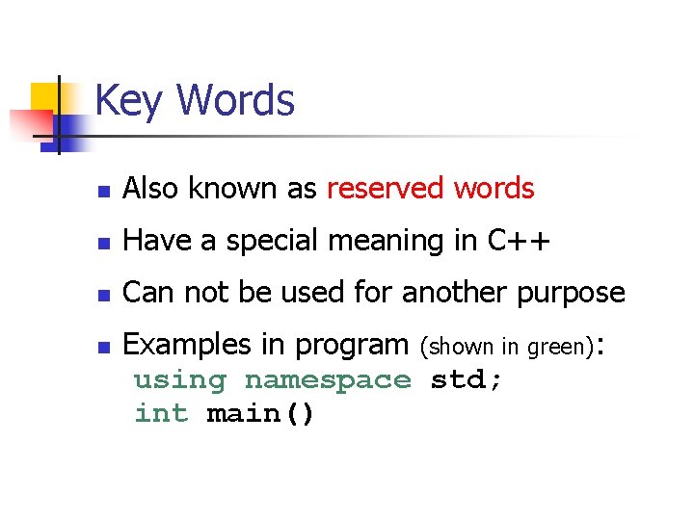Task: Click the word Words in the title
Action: pos(236,100)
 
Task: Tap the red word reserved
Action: pos(385,189)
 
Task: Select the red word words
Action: pos(494,189)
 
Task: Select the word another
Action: pos(441,293)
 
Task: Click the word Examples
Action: pos(190,345)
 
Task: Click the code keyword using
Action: pos(180,381)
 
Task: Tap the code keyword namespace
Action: pos(328,381)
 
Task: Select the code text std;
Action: pos(467,379)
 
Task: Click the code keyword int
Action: pos(162,414)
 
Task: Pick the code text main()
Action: pos(260,415)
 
